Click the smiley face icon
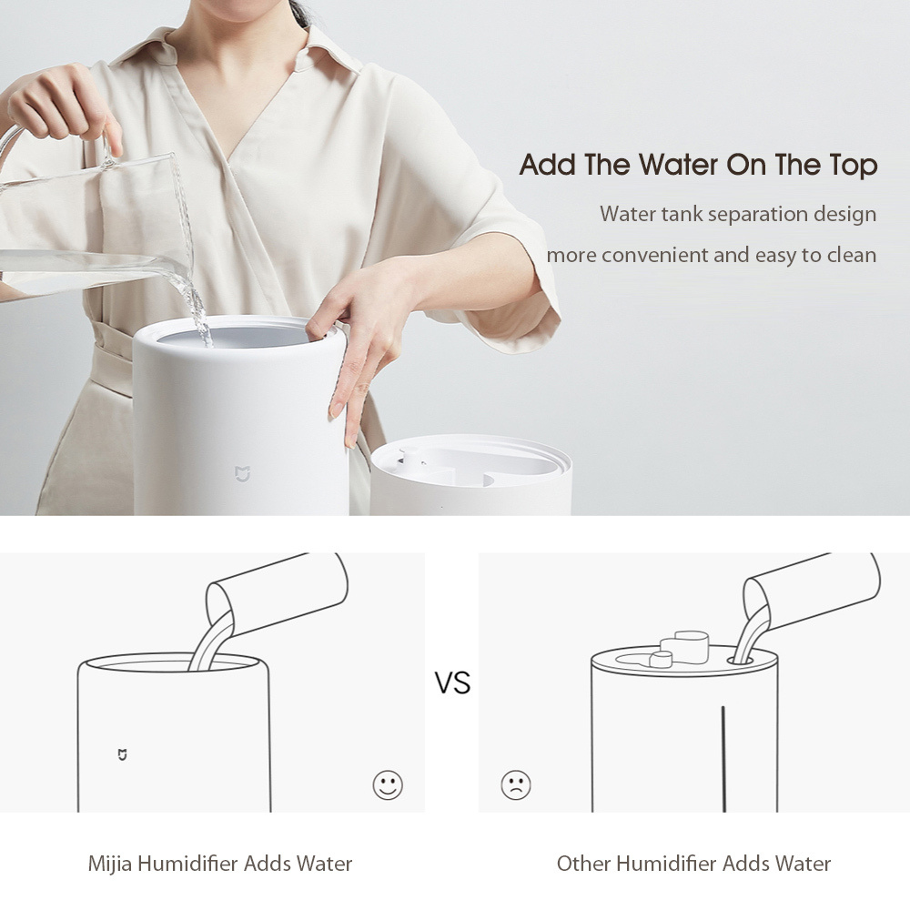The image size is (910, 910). point(388,784)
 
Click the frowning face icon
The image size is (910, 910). point(515,784)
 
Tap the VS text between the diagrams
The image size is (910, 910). point(452,682)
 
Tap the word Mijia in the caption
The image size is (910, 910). point(110,864)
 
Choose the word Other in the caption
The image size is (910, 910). point(583,864)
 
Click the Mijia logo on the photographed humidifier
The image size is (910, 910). point(242,473)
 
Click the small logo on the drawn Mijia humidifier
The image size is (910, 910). point(122,754)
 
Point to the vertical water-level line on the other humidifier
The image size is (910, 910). point(723,759)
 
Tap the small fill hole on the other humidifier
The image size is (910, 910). point(741,661)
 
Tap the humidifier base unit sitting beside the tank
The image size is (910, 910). point(470,475)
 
